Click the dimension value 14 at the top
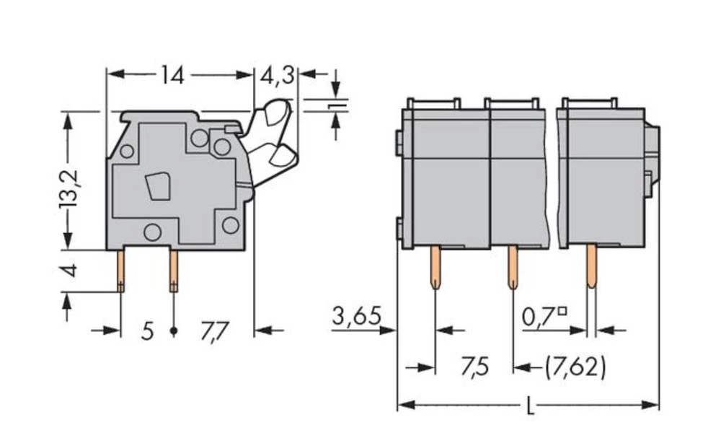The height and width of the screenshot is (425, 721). coord(173,75)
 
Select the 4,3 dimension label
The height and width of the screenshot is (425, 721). coord(278,75)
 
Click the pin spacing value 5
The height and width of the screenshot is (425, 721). coord(147,332)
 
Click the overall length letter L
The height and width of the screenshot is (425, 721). coord(529,406)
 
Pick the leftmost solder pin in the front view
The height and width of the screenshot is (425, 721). coord(436,267)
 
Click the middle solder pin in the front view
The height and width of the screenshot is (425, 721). coord(513,267)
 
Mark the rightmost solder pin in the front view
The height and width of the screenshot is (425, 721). coord(591,267)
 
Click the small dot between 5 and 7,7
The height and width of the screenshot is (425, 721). coord(174,332)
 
